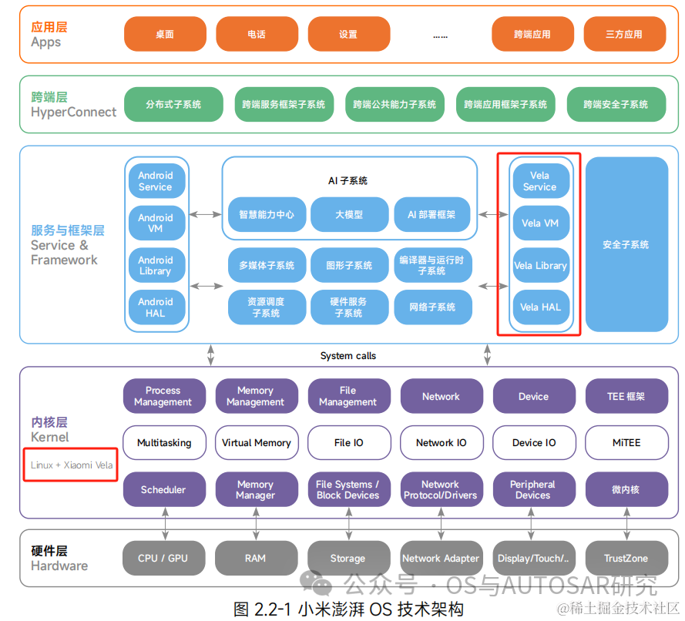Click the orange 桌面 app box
pyautogui.click(x=165, y=34)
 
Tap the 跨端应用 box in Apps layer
pyautogui.click(x=532, y=34)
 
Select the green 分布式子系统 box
pyautogui.click(x=173, y=104)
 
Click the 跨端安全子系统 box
pyautogui.click(x=616, y=104)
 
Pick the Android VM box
pyautogui.click(x=156, y=223)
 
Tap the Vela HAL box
pyautogui.click(x=540, y=307)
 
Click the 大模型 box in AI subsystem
pyautogui.click(x=348, y=215)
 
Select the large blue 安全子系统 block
pyautogui.click(x=626, y=244)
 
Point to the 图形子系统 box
pyautogui.click(x=348, y=265)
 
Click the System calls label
pyautogui.click(x=348, y=356)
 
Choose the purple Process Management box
pyautogui.click(x=163, y=396)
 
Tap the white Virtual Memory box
pyautogui.click(x=256, y=443)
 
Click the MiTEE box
pyautogui.click(x=626, y=443)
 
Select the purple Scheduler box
pyautogui.click(x=163, y=489)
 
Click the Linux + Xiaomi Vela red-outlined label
pyautogui.click(x=71, y=465)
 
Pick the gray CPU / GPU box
pyautogui.click(x=163, y=559)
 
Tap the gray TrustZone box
pyautogui.click(x=626, y=559)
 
